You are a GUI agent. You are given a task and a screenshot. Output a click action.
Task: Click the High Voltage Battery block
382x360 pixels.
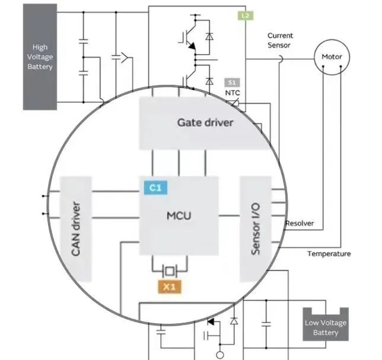coord(40,56)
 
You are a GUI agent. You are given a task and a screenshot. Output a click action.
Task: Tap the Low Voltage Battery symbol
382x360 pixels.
coord(326,326)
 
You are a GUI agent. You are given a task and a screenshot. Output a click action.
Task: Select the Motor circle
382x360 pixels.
coord(332,57)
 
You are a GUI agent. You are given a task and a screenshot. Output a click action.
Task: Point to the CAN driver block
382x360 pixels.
coord(75,229)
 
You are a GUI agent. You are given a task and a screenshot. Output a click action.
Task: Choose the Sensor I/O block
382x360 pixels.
coord(255,229)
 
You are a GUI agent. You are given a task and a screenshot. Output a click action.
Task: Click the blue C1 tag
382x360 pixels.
coord(155,188)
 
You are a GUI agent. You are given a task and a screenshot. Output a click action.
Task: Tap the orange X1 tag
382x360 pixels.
coord(170,287)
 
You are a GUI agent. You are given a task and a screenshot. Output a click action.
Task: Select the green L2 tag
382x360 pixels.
coord(245,15)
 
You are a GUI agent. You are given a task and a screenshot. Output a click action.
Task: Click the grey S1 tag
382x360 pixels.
coord(231,82)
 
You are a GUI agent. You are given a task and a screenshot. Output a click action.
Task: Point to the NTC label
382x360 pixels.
coord(232,93)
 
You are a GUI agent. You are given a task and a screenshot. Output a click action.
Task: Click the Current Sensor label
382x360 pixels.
coord(280,40)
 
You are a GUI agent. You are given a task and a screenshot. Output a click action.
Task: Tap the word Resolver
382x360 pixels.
coord(300,224)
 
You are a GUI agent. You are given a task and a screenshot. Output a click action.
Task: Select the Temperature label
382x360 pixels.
coord(329,254)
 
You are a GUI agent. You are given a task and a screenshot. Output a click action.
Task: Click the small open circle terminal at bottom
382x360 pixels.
coord(219,355)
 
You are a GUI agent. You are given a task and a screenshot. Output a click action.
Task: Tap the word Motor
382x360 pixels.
coord(332,57)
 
